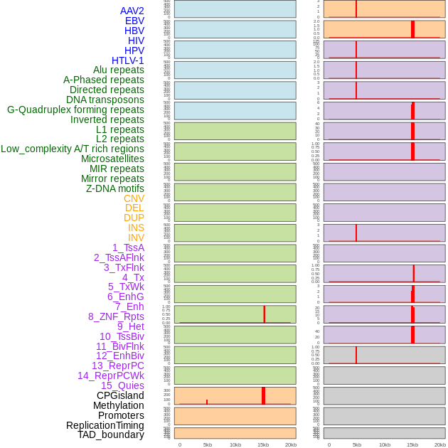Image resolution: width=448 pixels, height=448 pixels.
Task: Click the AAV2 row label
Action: point(132,11)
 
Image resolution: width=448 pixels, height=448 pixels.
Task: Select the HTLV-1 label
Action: point(127,60)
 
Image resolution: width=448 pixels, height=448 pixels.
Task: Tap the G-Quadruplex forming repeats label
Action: point(75,110)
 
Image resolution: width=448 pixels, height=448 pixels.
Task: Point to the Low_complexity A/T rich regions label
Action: point(72,149)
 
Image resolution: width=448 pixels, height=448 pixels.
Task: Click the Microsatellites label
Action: point(112,159)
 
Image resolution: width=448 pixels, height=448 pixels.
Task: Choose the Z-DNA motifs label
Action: point(114,188)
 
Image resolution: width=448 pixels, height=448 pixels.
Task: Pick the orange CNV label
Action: point(134,198)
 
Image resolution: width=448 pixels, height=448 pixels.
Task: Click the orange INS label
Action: point(136,228)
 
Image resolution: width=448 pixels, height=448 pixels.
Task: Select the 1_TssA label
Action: point(128,247)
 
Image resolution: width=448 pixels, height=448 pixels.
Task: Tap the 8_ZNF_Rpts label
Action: point(116,316)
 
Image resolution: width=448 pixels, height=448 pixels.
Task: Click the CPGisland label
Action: point(120,395)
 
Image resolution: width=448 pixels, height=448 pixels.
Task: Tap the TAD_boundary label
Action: point(110,434)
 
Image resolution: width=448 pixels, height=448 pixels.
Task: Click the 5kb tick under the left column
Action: point(208,444)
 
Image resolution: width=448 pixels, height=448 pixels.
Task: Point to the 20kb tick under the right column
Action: point(440,444)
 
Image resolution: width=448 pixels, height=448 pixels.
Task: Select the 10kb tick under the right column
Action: point(385,444)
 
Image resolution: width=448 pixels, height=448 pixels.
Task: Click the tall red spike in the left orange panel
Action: point(263,395)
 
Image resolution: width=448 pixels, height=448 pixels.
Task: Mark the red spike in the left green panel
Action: point(265,314)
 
